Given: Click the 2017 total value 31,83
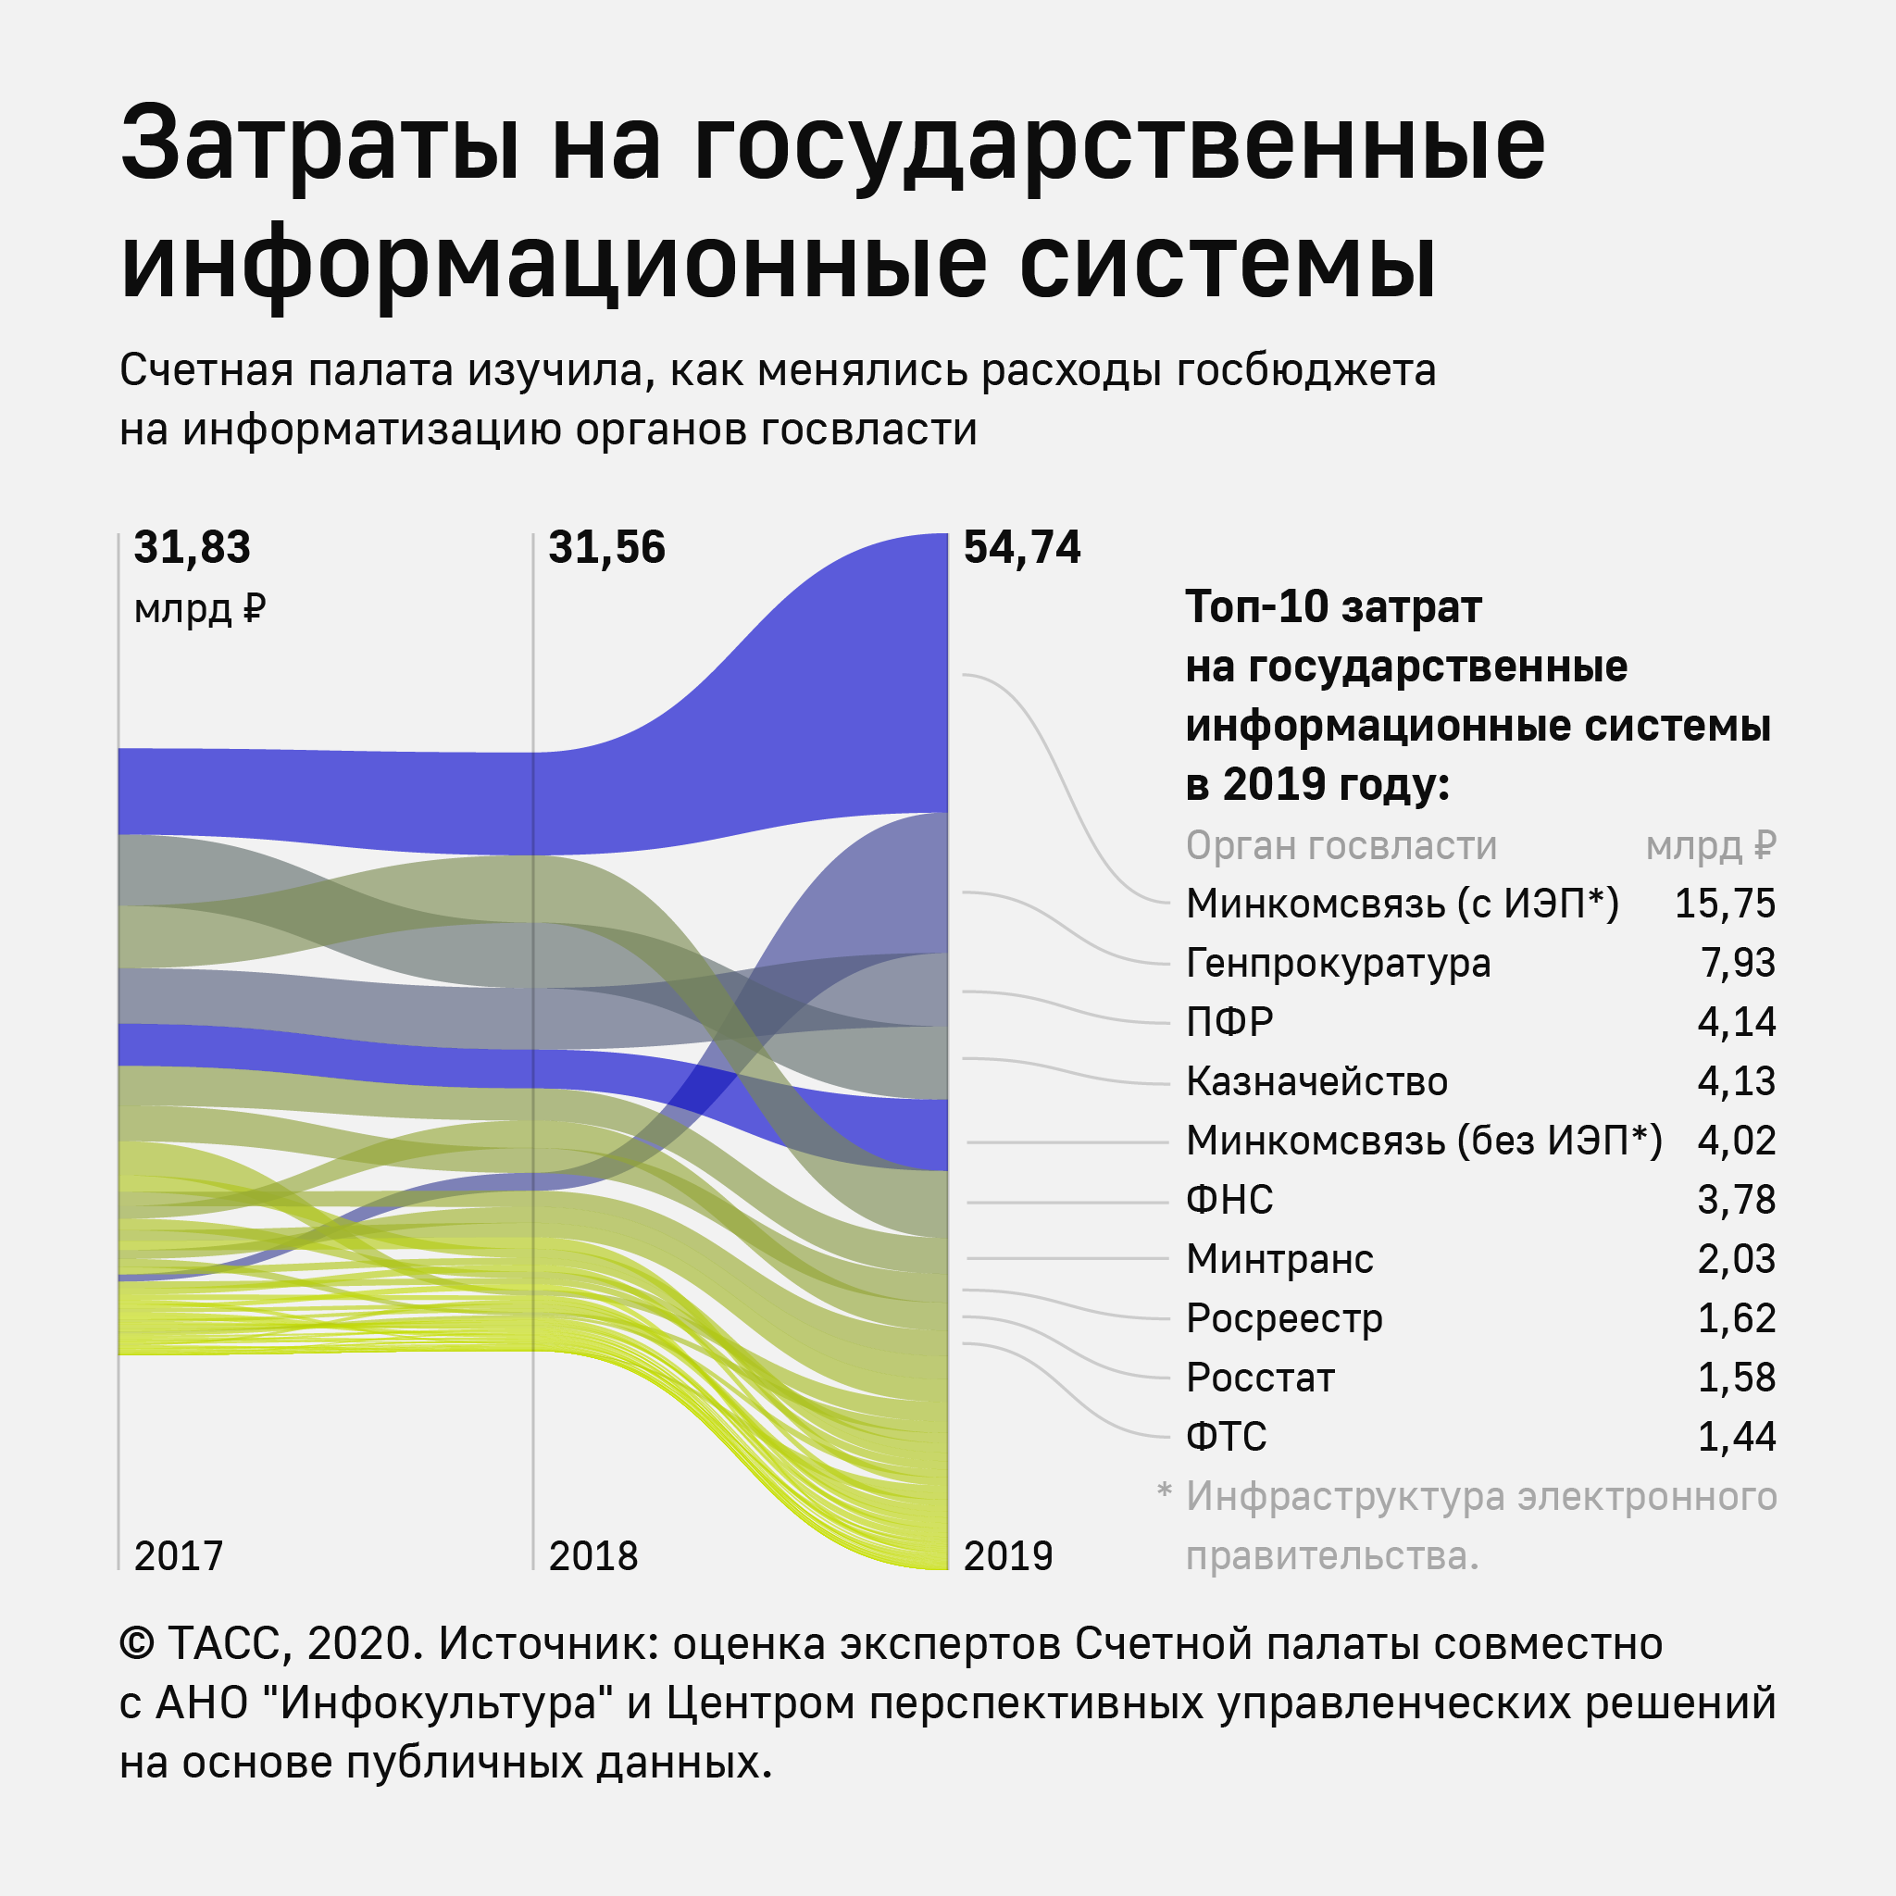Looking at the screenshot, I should coord(193,548).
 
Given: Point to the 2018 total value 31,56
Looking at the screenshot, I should coord(606,548).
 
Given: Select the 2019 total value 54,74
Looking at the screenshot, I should coord(1022,548).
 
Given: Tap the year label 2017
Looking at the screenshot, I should coord(179,1556).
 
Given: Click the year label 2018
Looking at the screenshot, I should coord(592,1556).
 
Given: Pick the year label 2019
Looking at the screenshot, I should coord(1008,1556).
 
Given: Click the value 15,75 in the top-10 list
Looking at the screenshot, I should coord(1724,904).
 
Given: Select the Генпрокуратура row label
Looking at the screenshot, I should coord(1338,964).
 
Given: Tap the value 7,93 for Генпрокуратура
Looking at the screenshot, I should coord(1737,964).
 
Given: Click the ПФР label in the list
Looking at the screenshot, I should coord(1229,1023).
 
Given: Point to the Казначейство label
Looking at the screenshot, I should coord(1316,1081).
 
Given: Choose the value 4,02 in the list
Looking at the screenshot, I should coord(1736,1141).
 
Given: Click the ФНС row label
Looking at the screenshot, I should coord(1229,1200).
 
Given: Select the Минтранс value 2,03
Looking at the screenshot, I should coord(1736,1259).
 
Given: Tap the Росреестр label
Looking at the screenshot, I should coord(1284,1319).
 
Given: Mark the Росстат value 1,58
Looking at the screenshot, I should coord(1736,1378).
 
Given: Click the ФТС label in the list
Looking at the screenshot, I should coord(1226,1437).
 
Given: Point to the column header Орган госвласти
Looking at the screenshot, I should coord(1341,846).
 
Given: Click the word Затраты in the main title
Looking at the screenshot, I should coord(320,145).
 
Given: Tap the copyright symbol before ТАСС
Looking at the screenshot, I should coord(136,1644).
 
